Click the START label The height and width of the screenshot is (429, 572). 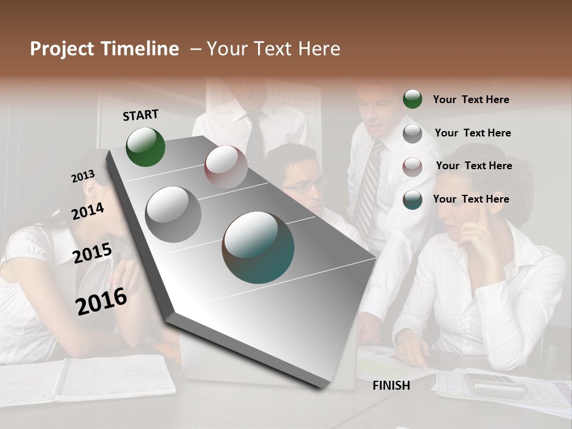tap(141, 115)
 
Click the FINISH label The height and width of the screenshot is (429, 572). tap(391, 386)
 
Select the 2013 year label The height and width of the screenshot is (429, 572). tap(83, 176)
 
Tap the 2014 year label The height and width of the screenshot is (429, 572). tap(88, 211)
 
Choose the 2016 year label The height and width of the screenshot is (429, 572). tap(101, 301)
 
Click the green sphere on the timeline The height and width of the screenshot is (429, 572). tap(145, 147)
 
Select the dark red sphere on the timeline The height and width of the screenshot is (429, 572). tap(226, 167)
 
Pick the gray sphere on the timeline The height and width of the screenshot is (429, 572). tap(173, 214)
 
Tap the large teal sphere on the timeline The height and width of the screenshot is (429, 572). tap(258, 247)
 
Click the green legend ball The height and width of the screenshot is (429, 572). tap(412, 99)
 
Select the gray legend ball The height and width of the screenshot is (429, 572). tap(412, 133)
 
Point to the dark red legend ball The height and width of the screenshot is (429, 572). tap(412, 166)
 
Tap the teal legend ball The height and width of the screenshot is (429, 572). tap(412, 200)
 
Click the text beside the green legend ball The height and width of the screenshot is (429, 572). tap(471, 100)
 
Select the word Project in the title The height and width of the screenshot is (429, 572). tap(61, 49)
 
